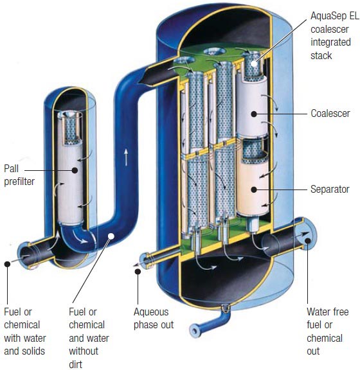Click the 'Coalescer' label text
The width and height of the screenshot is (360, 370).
point(330,114)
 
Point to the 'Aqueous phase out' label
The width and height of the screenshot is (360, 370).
point(154,318)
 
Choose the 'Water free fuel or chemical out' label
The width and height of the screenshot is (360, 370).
point(328,332)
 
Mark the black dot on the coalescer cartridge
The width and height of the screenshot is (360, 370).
point(254,114)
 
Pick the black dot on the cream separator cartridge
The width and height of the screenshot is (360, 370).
point(254,189)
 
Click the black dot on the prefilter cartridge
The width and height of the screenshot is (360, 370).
point(75,170)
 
